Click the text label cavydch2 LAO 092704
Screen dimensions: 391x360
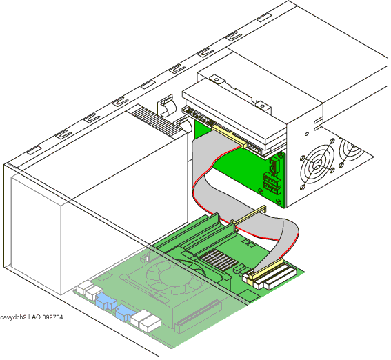coord(32,317)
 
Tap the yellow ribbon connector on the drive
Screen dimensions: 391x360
coord(230,136)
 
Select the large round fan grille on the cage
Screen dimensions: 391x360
coord(317,165)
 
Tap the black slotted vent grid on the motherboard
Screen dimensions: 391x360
coord(218,260)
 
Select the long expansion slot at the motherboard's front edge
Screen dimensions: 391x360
coord(198,316)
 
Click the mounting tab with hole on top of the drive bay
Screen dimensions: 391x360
coord(262,106)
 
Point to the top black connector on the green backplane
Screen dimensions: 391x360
coord(274,166)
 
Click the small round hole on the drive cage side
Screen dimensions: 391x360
coord(307,134)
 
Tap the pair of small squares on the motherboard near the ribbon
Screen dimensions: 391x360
coord(248,243)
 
